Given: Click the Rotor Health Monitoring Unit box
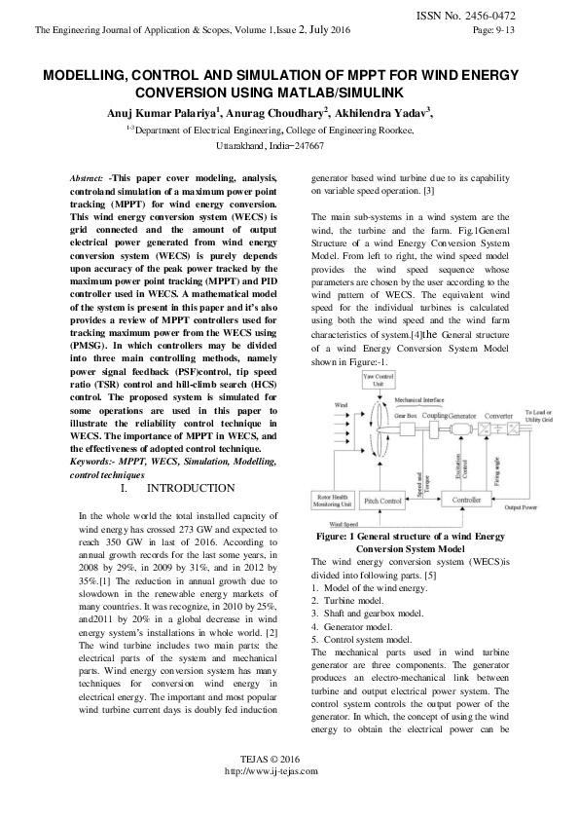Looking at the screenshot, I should point(334,501).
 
